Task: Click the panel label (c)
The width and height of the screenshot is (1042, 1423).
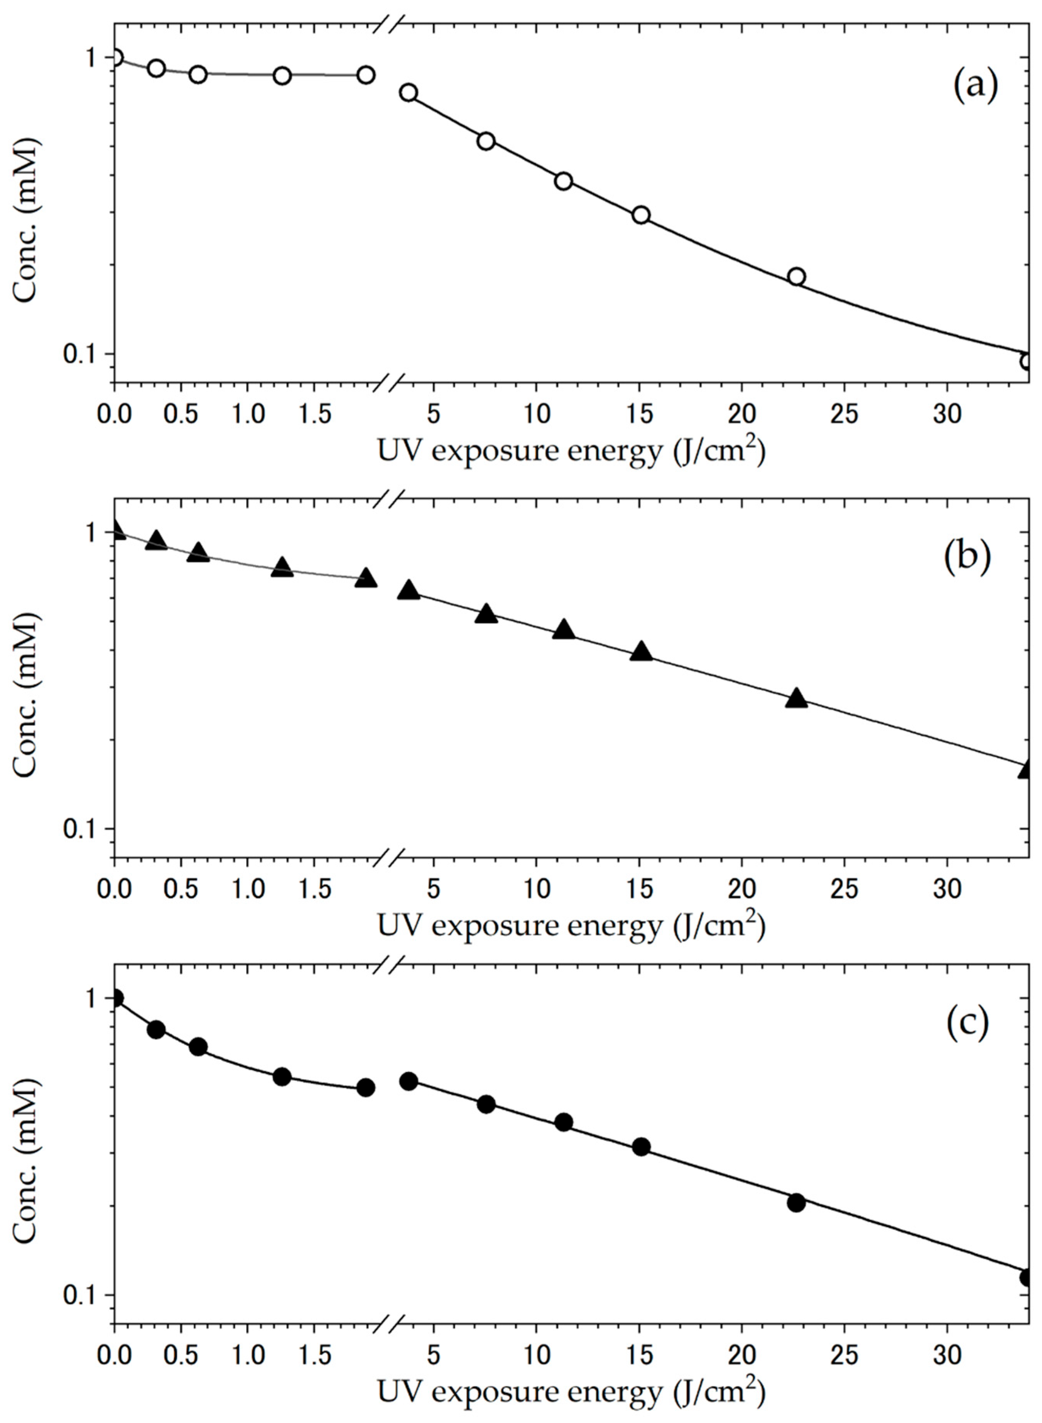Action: [967, 1024]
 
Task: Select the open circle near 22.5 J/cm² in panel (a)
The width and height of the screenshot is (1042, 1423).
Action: [797, 276]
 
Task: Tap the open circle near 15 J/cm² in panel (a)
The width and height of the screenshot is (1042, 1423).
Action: [641, 215]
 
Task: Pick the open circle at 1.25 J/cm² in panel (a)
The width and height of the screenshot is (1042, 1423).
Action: [282, 76]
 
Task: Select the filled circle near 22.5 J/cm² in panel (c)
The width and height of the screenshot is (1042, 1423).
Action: [797, 1202]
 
